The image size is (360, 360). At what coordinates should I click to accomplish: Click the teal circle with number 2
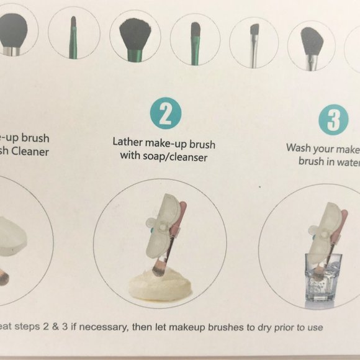165,115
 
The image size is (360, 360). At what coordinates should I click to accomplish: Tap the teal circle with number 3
333,120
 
